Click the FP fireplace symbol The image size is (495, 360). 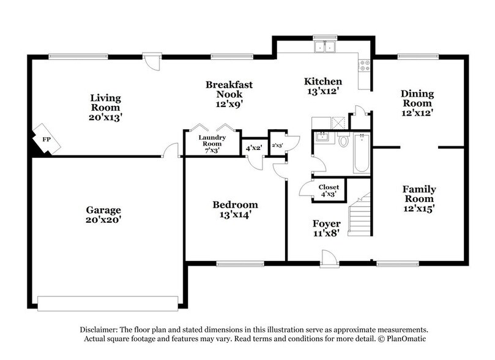(47, 139)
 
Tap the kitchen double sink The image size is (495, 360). (325, 47)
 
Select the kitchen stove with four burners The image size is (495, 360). (365, 66)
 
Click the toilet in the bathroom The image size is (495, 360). (343, 139)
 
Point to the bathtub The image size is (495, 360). (361, 153)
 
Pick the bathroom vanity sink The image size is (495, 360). (323, 137)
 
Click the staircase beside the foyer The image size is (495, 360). (359, 215)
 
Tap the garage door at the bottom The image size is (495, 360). (108, 304)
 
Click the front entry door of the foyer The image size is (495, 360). (329, 259)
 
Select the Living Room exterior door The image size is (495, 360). (152, 62)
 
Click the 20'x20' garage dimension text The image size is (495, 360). (103, 219)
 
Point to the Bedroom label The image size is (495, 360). (235, 204)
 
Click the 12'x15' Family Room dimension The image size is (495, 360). (419, 208)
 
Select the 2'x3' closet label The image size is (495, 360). (278, 145)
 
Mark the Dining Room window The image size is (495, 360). (418, 57)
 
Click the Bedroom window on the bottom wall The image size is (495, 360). (240, 263)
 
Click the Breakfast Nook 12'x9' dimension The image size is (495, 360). (229, 103)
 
